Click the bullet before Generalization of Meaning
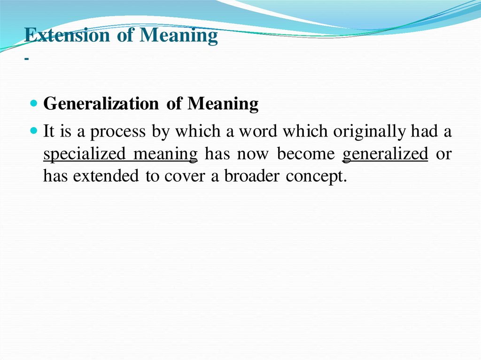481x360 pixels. [34, 104]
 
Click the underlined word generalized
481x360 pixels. [385, 154]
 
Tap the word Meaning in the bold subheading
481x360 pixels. [223, 104]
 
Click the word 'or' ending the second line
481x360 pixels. [444, 154]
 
